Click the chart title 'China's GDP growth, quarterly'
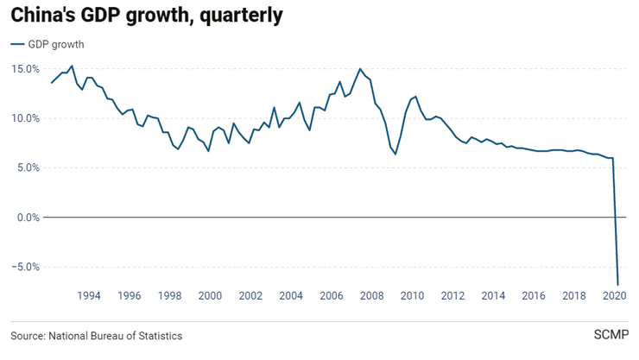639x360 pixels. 146,16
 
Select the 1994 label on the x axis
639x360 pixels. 89,296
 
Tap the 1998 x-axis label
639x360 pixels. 170,296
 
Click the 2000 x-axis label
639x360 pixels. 211,296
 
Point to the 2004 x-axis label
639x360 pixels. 291,296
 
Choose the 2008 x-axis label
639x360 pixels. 372,296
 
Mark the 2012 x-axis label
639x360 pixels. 453,296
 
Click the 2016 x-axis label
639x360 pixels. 534,296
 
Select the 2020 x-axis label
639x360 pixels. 614,296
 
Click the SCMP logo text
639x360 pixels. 611,335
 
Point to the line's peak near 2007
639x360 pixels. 360,69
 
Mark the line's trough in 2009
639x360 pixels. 395,154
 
